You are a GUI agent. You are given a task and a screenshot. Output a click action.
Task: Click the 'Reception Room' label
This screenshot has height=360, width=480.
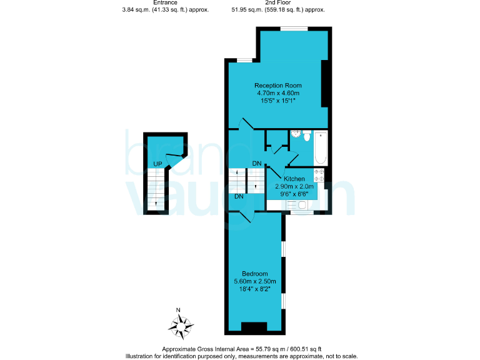pos(277,85)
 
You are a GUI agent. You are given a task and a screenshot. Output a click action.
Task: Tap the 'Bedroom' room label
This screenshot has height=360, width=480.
pos(255,274)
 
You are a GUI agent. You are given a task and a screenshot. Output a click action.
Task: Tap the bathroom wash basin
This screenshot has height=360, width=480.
pos(296,133)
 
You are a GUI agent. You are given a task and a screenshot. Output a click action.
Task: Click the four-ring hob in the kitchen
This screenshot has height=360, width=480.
pos(319,175)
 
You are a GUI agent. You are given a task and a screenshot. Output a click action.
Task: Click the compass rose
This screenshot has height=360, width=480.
pos(181,324)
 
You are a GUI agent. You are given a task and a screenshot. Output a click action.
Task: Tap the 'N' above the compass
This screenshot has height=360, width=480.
pos(178,310)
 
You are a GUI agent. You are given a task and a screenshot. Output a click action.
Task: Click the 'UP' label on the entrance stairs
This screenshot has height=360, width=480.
pos(159,164)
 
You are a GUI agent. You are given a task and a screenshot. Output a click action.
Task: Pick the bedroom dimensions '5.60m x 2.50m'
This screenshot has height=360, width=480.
pos(255,281)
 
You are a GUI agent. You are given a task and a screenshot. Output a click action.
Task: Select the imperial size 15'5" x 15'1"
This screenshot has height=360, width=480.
pos(277,100)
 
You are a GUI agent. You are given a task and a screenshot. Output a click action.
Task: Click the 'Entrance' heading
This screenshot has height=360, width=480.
pos(165,3)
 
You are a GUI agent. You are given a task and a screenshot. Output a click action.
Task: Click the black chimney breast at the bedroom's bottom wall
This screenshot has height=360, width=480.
pos(254,327)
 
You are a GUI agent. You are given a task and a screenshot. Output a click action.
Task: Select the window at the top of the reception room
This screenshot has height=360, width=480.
pos(293,28)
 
